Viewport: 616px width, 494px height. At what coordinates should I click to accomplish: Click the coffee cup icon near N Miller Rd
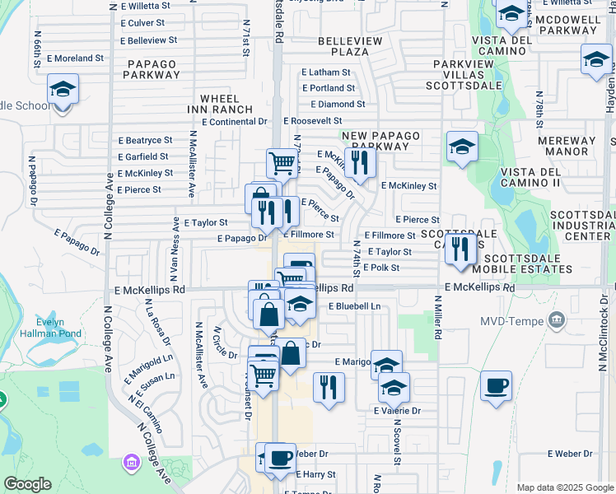[x=496, y=385]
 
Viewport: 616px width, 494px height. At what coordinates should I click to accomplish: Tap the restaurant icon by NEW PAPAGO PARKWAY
[x=360, y=161]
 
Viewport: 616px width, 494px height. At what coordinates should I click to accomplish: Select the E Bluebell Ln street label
[x=354, y=306]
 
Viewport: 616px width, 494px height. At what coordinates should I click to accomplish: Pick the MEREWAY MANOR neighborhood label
[x=567, y=147]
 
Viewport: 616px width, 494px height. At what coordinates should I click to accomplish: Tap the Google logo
[x=27, y=484]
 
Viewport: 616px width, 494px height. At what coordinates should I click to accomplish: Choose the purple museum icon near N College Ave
[x=130, y=464]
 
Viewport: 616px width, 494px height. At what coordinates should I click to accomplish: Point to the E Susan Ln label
[x=150, y=387]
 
